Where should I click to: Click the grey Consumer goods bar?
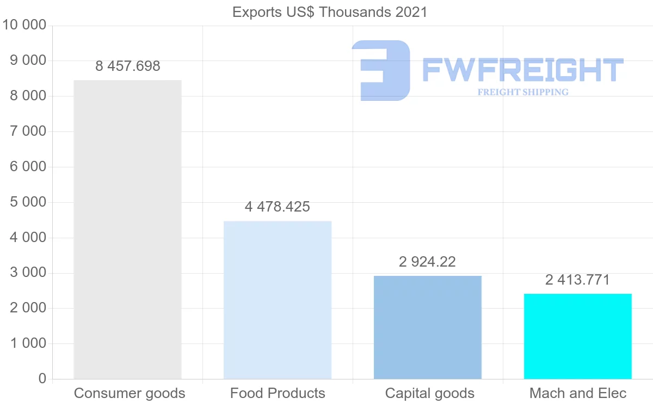127,229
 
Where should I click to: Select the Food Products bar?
278,300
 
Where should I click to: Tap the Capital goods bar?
428,327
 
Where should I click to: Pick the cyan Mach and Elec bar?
578,336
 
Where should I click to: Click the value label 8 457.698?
128,67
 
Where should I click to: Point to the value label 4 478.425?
278,207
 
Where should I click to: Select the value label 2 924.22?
428,262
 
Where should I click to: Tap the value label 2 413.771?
578,280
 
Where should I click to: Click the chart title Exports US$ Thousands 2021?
330,12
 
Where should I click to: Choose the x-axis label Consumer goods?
130,393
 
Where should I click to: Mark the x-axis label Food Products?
278,393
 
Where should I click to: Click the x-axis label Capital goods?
430,393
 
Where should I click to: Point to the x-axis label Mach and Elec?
578,393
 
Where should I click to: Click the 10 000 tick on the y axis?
24,25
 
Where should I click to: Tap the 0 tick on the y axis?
42,379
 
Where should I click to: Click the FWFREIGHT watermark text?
522,70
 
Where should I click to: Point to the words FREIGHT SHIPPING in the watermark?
523,92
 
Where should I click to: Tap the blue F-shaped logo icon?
381,70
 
